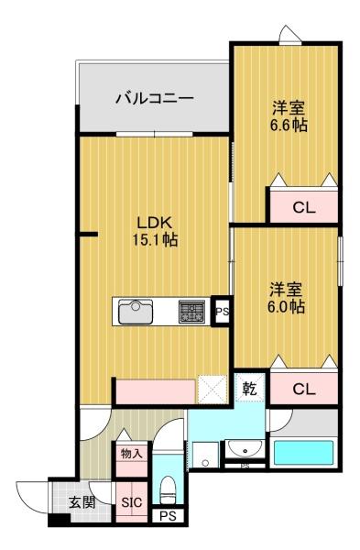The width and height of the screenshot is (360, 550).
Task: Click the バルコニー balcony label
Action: (153, 98)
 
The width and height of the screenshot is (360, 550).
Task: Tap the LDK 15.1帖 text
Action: (155, 230)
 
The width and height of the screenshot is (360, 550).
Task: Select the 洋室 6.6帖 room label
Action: (288, 115)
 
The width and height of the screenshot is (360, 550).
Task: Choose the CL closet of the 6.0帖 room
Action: (303, 390)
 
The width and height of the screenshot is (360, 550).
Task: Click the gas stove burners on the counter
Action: (192, 312)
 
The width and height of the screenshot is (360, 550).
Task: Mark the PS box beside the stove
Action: (221, 312)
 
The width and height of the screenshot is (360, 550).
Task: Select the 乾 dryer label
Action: (250, 388)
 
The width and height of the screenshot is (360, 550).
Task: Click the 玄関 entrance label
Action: (81, 502)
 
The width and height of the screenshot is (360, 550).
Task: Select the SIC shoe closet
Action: (130, 502)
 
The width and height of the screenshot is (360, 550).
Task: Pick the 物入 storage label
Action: (130, 453)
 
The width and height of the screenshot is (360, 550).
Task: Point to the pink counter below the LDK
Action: (155, 392)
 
